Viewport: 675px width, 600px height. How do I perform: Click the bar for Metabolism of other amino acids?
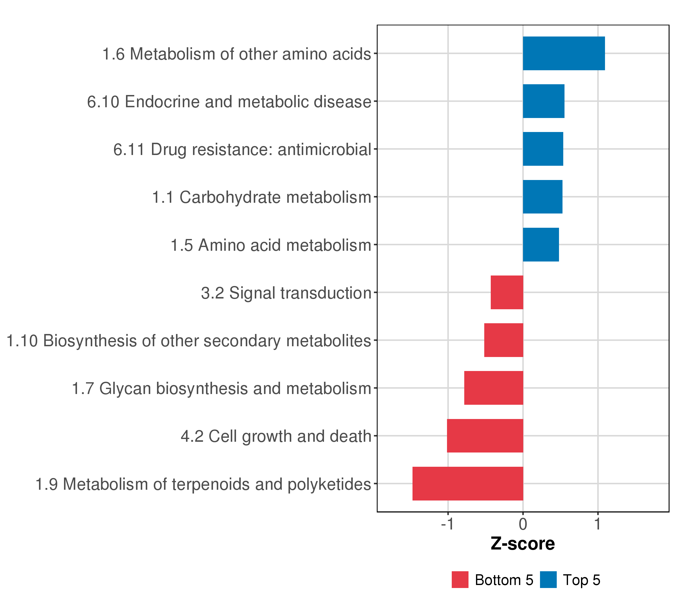pos(564,53)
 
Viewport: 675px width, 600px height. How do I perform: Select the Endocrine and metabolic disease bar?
pos(543,101)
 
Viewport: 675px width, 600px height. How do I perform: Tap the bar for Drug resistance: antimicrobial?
pos(543,149)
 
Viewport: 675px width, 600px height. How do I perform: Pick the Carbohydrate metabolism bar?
pos(542,197)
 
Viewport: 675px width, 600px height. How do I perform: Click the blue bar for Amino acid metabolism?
pos(541,245)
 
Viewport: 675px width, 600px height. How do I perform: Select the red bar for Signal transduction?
pos(507,292)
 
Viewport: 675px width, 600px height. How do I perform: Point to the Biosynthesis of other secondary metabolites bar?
pos(503,340)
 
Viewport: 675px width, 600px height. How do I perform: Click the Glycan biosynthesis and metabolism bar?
pos(494,388)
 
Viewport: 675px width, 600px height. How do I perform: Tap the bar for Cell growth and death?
pos(485,436)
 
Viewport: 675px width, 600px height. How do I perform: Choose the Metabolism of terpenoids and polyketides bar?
pos(468,483)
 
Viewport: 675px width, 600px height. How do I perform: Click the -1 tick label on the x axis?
pos(448,524)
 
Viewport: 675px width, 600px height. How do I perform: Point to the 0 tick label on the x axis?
pos(523,524)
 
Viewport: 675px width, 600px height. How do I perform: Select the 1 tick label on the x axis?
pos(598,524)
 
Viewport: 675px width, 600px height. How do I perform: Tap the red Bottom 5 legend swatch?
pos(460,579)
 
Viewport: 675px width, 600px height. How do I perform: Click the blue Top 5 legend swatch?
pos(548,579)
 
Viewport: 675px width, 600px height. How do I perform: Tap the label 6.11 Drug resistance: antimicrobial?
pos(242,149)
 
